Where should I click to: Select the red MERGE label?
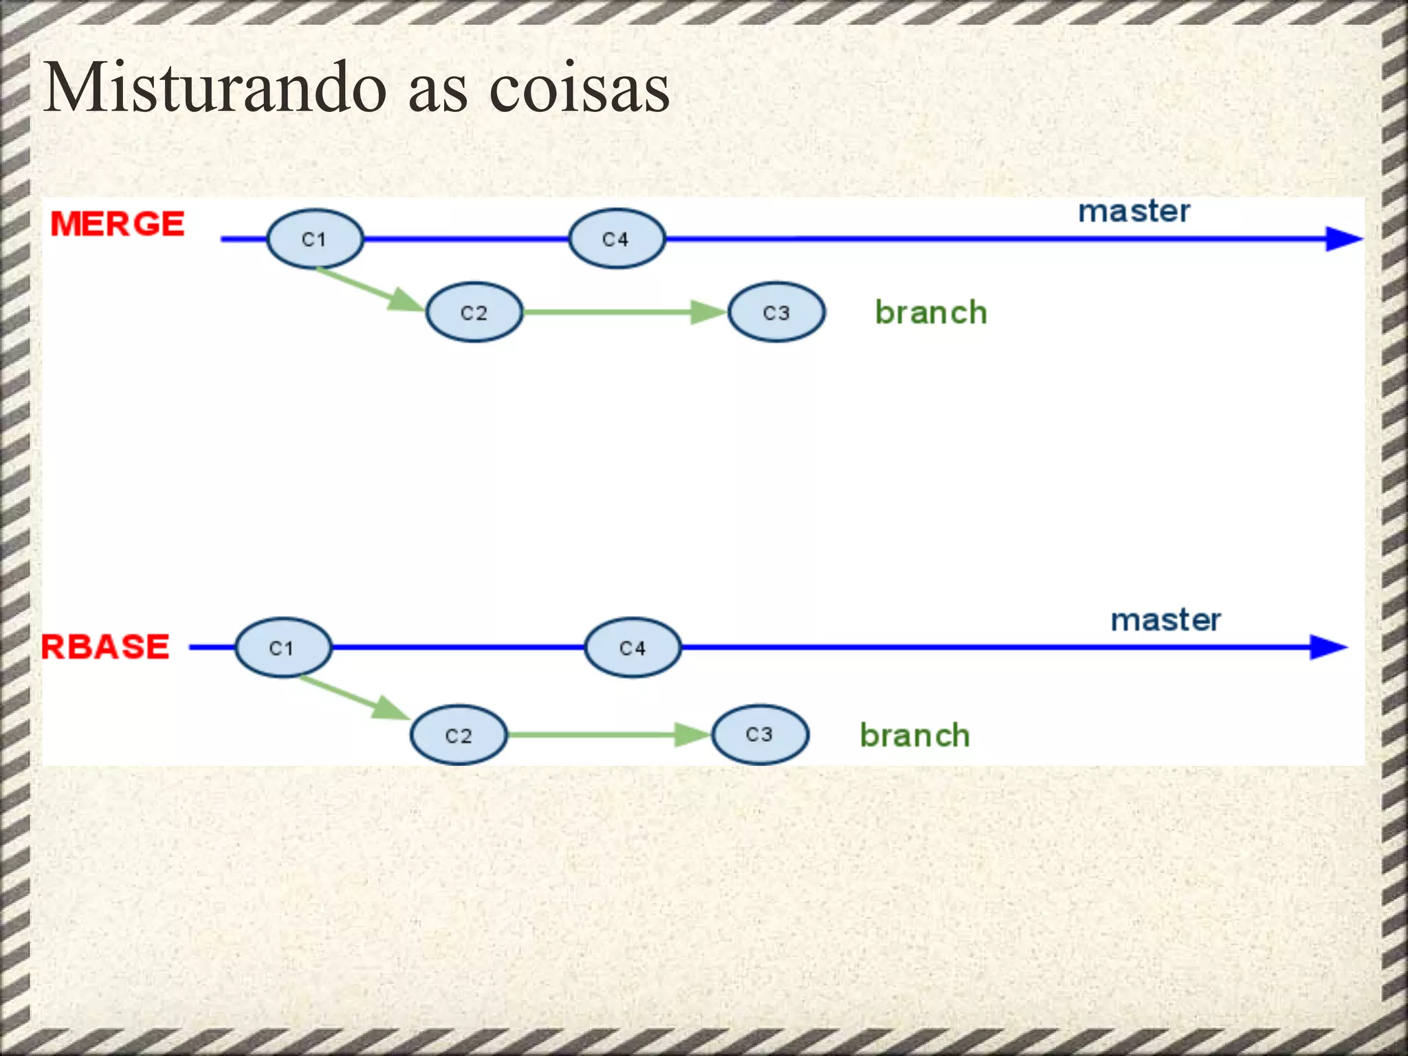[118, 224]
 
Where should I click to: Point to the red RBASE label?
[105, 647]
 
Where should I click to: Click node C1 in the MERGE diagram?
[314, 239]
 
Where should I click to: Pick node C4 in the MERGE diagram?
[616, 239]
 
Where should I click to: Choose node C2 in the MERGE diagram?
[474, 312]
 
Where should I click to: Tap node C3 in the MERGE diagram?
[776, 312]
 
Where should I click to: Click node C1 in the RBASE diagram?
[283, 648]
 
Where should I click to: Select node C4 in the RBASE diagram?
[632, 648]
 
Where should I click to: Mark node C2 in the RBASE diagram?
[459, 735]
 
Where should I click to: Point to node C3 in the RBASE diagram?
[760, 734]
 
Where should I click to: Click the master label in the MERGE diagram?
[1134, 211]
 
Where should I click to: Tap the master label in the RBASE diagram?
[1166, 619]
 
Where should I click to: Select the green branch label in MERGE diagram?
[931, 313]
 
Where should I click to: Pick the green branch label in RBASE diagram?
[915, 736]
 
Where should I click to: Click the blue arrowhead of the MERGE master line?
[1343, 239]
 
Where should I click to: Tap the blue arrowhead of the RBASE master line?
[1328, 647]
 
